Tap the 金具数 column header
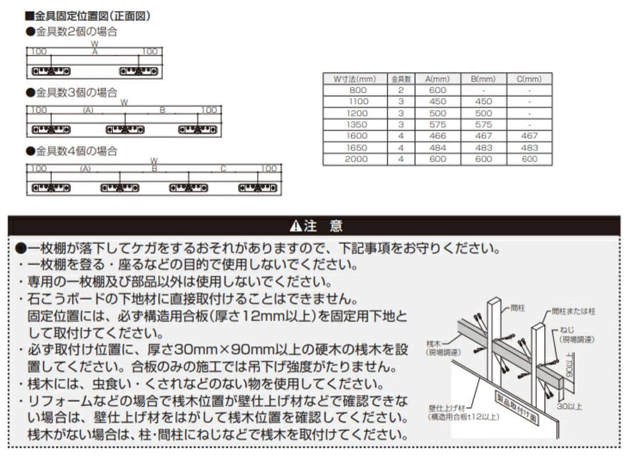tap(401, 78)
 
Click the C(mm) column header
tap(529, 78)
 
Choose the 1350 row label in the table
tap(356, 124)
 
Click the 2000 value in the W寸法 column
tap(356, 159)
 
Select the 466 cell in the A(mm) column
tap(437, 136)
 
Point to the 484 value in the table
tap(437, 148)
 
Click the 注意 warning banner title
tap(323, 226)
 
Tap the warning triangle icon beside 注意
tap(295, 226)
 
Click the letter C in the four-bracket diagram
tap(223, 169)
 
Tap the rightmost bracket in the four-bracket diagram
tap(258, 188)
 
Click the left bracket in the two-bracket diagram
tap(51, 71)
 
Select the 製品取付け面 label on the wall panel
tap(517, 409)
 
